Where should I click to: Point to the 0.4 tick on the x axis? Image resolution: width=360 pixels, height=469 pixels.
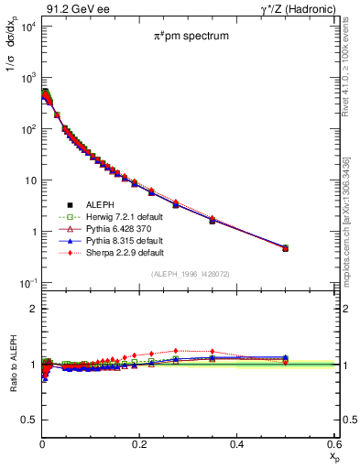pos(236,443)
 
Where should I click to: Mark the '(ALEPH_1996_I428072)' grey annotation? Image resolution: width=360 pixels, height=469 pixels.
pos(191,275)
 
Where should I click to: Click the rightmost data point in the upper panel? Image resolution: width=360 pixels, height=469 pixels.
pos(285,247)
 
